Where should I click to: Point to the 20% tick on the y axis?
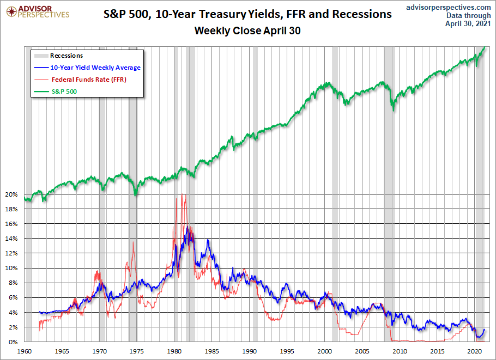point(12,194)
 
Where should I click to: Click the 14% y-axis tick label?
point(12,239)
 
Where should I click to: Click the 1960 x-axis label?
point(25,351)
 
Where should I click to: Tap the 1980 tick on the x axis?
point(174,351)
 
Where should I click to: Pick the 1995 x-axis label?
point(287,351)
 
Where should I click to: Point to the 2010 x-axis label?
point(400,351)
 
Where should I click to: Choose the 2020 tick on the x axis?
point(475,351)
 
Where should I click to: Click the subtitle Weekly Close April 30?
point(247,31)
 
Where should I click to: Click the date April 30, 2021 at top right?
point(468,24)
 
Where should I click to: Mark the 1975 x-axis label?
point(137,351)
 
